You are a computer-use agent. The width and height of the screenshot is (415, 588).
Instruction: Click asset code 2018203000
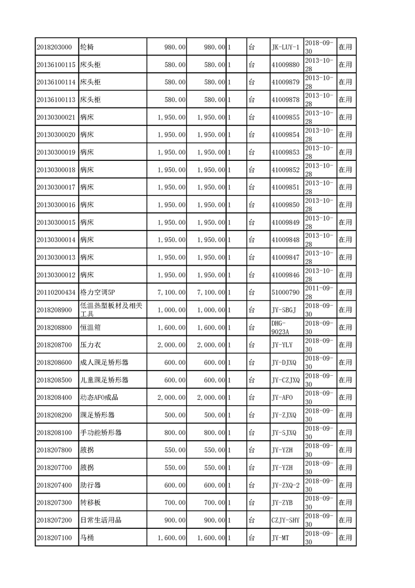point(54,47)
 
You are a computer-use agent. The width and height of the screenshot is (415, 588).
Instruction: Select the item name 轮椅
point(87,47)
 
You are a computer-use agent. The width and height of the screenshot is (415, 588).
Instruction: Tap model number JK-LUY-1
point(285,47)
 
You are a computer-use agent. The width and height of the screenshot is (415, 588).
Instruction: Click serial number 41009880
point(285,65)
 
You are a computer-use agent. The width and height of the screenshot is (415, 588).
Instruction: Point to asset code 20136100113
point(57,100)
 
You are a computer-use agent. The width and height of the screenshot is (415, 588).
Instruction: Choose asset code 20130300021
point(57,117)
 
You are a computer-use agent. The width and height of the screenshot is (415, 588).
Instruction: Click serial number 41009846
point(285,275)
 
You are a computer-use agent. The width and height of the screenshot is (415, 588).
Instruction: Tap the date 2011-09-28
point(319,292)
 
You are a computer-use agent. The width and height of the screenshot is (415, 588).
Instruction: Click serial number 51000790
point(285,292)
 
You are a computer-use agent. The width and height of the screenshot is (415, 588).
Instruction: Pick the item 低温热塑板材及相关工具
point(110,310)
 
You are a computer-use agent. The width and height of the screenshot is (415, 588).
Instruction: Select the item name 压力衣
point(91,345)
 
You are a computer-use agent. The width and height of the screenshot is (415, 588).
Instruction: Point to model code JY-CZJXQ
point(286,380)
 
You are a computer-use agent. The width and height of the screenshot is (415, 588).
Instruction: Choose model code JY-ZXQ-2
point(286,485)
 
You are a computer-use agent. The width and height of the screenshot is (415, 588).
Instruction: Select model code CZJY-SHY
point(285,520)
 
